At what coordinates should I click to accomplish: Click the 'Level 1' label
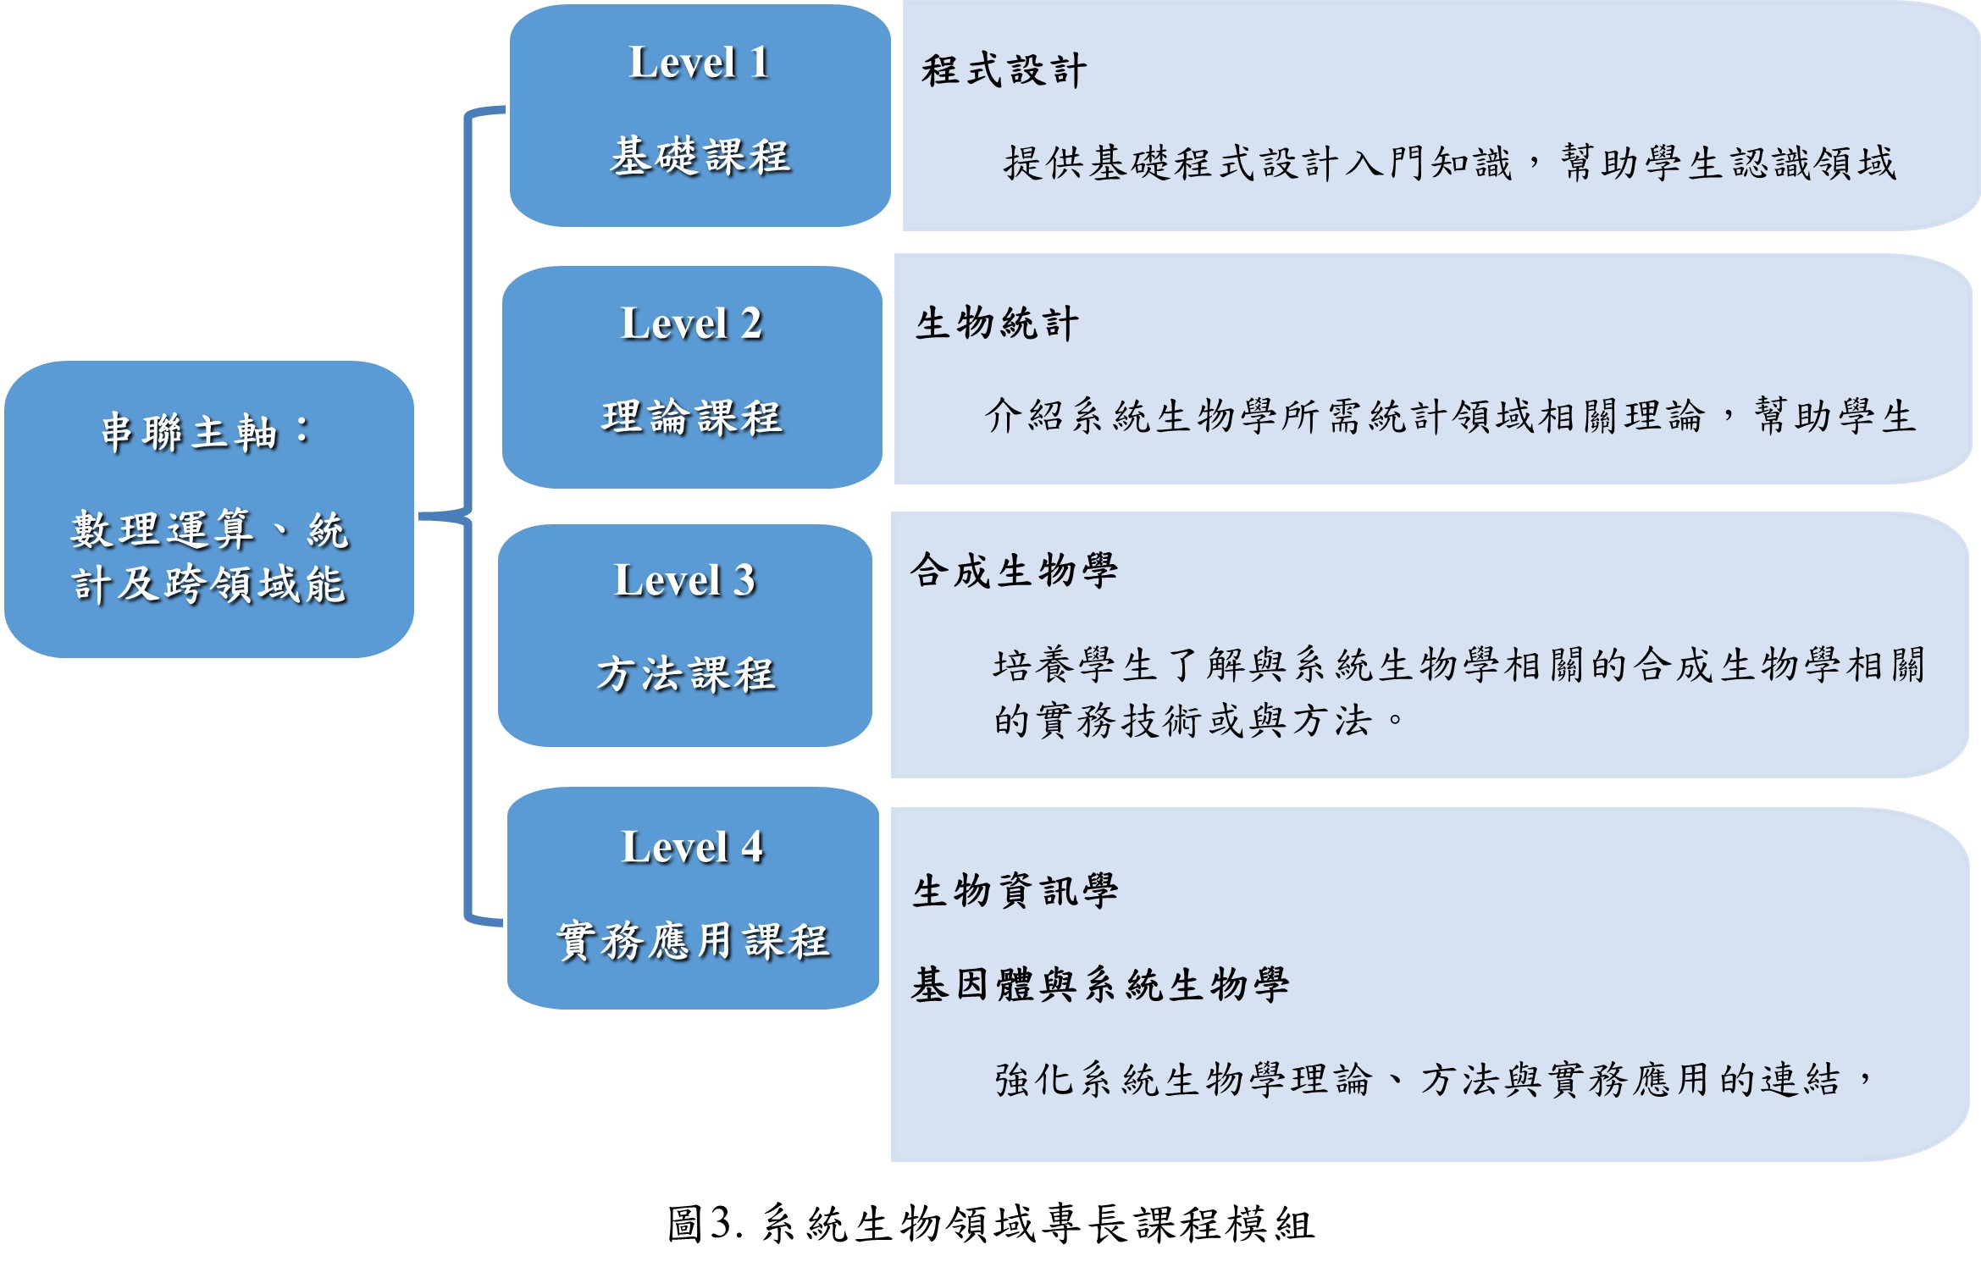[x=700, y=63]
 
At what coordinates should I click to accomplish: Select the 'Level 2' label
[x=692, y=324]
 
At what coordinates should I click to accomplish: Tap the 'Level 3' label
[x=684, y=581]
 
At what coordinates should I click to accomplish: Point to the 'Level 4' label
[x=693, y=847]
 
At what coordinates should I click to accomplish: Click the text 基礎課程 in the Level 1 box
[x=700, y=157]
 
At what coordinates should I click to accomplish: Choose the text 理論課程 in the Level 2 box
[x=692, y=418]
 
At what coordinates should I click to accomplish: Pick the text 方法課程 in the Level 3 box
[x=686, y=675]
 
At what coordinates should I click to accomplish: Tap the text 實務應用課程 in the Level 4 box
[x=693, y=941]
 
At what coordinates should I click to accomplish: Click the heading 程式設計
[x=1004, y=70]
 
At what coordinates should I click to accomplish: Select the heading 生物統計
[x=997, y=324]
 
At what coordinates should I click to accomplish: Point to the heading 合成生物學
[x=1015, y=571]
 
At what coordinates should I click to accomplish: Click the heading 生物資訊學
[x=1015, y=891]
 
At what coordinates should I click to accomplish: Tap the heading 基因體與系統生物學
[x=1100, y=985]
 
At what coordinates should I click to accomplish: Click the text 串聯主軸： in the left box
[x=206, y=433]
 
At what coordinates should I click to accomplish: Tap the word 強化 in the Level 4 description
[x=1036, y=1080]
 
